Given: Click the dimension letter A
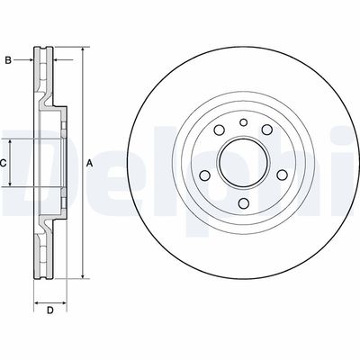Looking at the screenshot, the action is tap(89, 164).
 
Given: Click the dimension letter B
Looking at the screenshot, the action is tap(8, 60).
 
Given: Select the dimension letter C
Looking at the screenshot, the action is tap(3, 164).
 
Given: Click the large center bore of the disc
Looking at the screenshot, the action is tap(244, 163).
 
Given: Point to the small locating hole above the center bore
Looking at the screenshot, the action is tap(244, 122).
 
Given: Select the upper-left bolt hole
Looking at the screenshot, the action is tap(220, 130).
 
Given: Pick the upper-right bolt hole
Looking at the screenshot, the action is tap(267, 130).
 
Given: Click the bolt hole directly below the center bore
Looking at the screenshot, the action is tap(244, 203).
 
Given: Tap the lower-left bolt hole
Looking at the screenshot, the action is tap(205, 175).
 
